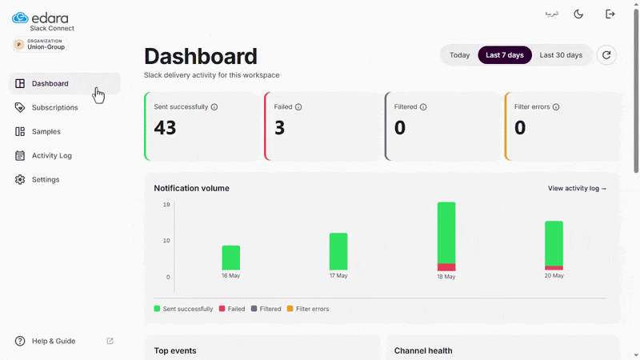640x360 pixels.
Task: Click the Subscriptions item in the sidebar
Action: pyautogui.click(x=54, y=107)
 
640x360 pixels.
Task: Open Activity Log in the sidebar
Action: pyautogui.click(x=51, y=155)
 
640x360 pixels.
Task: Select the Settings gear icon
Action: pyautogui.click(x=20, y=179)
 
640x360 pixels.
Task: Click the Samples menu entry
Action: pyautogui.click(x=46, y=131)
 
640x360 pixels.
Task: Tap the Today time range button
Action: pyautogui.click(x=459, y=55)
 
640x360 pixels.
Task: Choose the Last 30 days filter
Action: pyautogui.click(x=561, y=55)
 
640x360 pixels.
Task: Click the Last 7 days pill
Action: pyautogui.click(x=505, y=55)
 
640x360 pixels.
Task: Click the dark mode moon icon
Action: pyautogui.click(x=578, y=14)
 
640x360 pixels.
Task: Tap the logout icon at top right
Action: pyautogui.click(x=610, y=14)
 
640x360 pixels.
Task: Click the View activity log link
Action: pyautogui.click(x=577, y=188)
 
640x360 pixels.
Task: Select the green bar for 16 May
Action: pyautogui.click(x=231, y=258)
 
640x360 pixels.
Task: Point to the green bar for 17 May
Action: pyautogui.click(x=338, y=251)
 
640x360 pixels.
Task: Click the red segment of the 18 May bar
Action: pyautogui.click(x=446, y=267)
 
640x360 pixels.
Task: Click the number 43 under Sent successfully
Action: pyautogui.click(x=165, y=128)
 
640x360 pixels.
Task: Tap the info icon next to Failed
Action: pyautogui.click(x=298, y=107)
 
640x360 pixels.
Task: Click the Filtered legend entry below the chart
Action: pyautogui.click(x=266, y=309)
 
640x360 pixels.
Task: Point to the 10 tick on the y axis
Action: pyautogui.click(x=166, y=241)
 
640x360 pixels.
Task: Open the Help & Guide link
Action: pyautogui.click(x=54, y=342)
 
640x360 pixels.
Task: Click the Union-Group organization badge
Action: pyautogui.click(x=41, y=44)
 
